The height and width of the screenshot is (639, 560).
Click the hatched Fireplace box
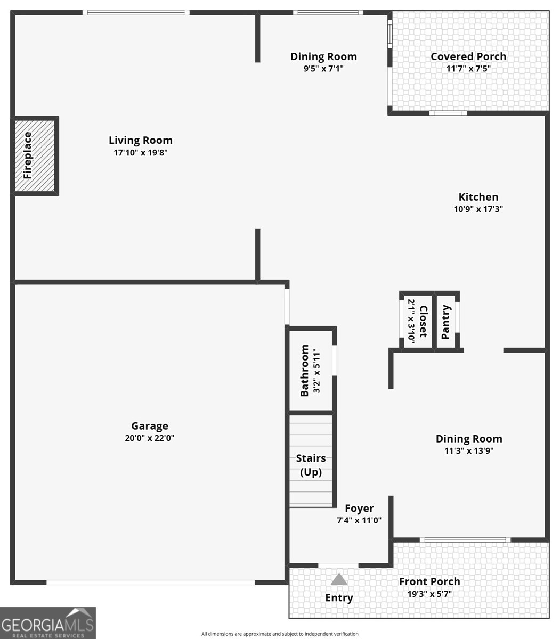(x=35, y=156)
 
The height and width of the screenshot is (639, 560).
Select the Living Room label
(x=141, y=140)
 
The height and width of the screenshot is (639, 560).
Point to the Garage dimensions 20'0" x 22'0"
(x=150, y=438)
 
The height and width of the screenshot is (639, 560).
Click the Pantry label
(x=445, y=322)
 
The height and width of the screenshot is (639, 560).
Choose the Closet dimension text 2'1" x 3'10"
(x=411, y=322)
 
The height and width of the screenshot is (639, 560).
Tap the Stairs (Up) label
(x=311, y=465)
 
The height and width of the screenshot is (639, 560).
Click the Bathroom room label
(x=304, y=371)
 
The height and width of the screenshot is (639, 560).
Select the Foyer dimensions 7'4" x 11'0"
(x=359, y=520)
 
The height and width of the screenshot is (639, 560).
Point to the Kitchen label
(x=478, y=197)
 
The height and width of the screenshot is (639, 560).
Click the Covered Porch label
(x=468, y=56)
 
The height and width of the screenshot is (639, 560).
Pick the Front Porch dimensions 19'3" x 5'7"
(x=429, y=594)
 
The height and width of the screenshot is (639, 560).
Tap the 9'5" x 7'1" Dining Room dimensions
(x=323, y=68)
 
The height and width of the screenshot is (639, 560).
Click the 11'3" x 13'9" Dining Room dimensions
(x=469, y=450)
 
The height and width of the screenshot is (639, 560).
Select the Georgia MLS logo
(x=48, y=623)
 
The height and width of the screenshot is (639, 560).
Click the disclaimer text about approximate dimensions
(x=280, y=634)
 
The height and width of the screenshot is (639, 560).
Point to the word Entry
(x=339, y=598)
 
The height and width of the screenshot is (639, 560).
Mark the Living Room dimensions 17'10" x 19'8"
(x=141, y=153)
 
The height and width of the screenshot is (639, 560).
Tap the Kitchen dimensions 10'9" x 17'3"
(x=478, y=209)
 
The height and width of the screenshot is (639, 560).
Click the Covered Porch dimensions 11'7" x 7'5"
(x=468, y=68)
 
